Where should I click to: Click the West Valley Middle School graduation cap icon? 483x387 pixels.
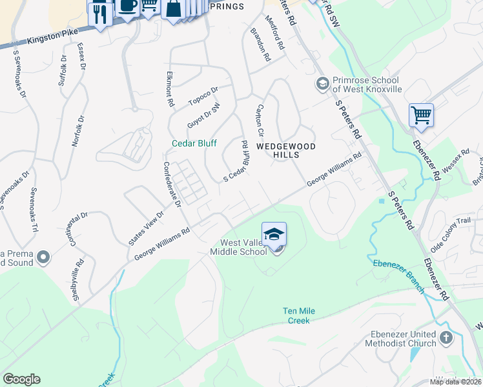(274, 233)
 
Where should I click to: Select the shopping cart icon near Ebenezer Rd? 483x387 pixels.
(421, 115)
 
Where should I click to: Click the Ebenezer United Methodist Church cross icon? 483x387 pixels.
(446, 337)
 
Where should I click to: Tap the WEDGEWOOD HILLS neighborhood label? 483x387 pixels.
(286, 151)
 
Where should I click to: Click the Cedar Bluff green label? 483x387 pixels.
(194, 143)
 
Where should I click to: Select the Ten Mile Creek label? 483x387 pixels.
(299, 315)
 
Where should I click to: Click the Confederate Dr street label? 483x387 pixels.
(172, 184)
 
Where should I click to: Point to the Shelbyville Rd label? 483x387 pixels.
(78, 280)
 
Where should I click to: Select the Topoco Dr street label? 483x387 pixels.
(203, 96)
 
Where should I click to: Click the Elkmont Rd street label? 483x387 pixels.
(170, 89)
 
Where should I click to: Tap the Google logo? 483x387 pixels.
(21, 379)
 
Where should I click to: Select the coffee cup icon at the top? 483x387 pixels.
(128, 6)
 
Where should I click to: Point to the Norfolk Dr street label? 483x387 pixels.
(78, 131)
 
